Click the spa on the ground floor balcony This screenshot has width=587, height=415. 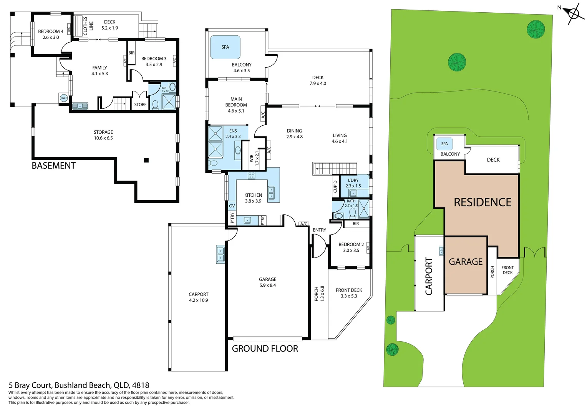tap(226, 47)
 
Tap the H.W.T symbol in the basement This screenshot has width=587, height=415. tap(64, 98)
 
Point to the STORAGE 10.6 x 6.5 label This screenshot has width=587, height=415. tap(103, 135)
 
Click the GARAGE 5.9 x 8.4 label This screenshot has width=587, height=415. tap(267, 282)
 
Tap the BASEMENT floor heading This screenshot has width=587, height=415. tap(54, 166)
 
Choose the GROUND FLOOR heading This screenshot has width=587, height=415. tap(265, 349)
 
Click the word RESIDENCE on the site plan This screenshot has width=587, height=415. tap(483, 203)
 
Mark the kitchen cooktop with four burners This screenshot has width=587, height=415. tap(252, 175)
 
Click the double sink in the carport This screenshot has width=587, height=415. tap(221, 254)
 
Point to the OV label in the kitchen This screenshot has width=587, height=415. tap(232, 206)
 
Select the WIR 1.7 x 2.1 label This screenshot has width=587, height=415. tap(254, 158)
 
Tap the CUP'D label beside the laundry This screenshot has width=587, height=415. tap(335, 186)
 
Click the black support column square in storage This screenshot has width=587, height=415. tap(146, 160)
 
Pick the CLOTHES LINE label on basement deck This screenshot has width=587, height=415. tap(88, 26)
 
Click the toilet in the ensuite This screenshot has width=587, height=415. tap(213, 163)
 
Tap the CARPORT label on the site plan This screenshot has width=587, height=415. tap(429, 276)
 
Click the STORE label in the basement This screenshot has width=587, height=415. tap(141, 105)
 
